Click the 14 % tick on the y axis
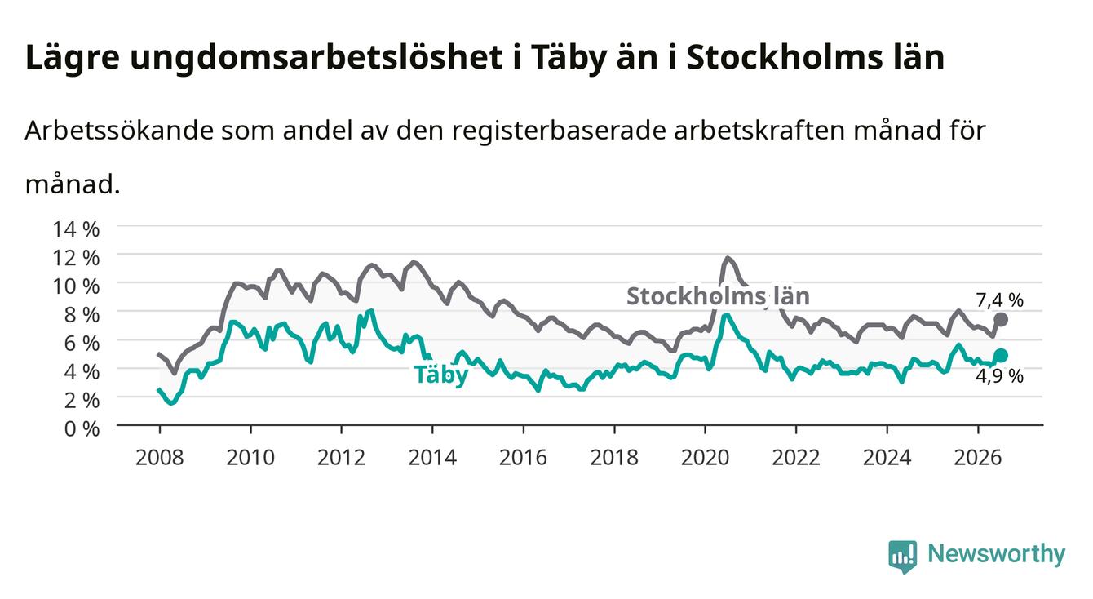tap(76, 229)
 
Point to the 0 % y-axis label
tap(82, 428)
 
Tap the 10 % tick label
tap(76, 286)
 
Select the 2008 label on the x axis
tap(160, 458)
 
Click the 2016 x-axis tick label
tap(523, 458)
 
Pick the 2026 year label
tap(978, 458)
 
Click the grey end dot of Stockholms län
tap(1000, 320)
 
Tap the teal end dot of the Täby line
tap(1000, 355)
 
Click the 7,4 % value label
tap(999, 300)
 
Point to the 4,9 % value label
tap(999, 376)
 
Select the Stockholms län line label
tap(718, 296)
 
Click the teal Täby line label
tap(441, 375)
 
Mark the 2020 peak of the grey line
tap(728, 257)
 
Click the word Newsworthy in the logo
tap(997, 553)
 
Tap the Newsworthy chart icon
tap(903, 556)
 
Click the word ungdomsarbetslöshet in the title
tap(316, 58)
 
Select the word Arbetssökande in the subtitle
tap(119, 131)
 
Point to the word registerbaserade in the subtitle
tap(559, 131)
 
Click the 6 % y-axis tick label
tap(82, 344)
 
